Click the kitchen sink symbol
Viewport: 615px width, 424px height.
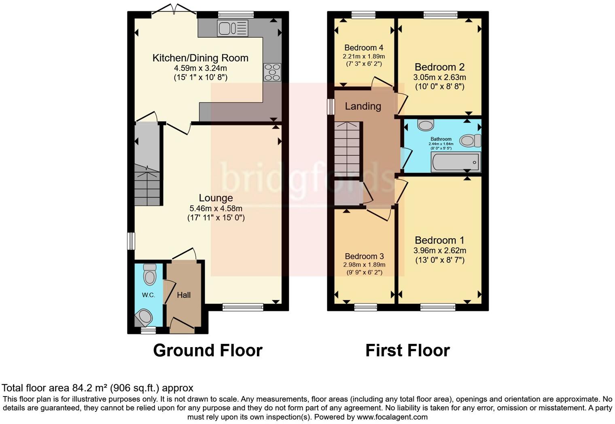[x=233, y=28]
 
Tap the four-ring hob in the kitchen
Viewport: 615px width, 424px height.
[x=272, y=72]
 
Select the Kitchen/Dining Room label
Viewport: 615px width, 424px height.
[x=200, y=58]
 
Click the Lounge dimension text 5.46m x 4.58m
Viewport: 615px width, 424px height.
[x=216, y=208]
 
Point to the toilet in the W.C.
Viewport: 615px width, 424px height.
[x=150, y=275]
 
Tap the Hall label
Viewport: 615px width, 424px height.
[x=184, y=295]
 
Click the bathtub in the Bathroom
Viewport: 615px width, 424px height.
[x=456, y=162]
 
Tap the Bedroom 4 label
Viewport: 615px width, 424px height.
[x=364, y=48]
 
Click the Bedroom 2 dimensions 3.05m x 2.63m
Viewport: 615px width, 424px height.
[x=439, y=77]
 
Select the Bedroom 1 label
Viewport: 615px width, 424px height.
[x=439, y=240]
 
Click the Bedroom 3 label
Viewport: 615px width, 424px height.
[x=364, y=256]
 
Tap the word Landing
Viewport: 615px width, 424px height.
[x=363, y=106]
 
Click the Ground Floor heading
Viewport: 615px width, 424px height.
[x=208, y=350]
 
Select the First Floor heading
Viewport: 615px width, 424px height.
[x=407, y=350]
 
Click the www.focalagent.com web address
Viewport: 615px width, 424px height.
[x=392, y=417]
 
